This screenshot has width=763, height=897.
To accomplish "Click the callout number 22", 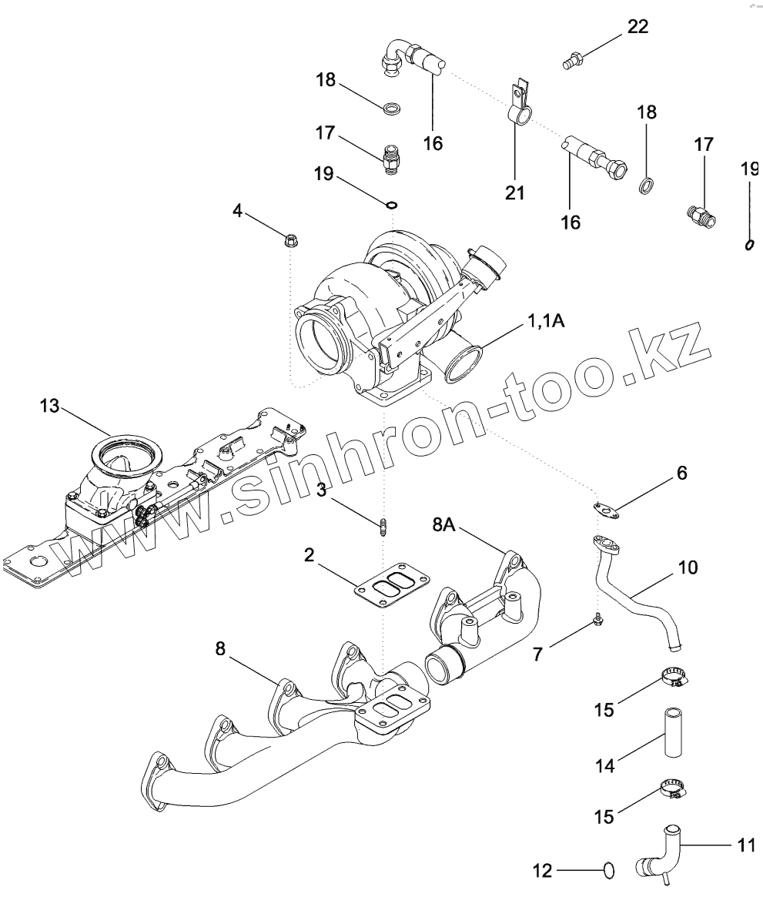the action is click(638, 27).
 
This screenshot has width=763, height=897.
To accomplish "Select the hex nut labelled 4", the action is click(293, 240).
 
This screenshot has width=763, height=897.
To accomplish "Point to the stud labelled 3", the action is click(383, 527).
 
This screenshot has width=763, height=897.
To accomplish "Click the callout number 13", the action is click(50, 406).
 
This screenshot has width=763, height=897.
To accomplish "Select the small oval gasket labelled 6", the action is click(606, 508).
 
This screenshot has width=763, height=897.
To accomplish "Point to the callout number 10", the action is click(688, 567).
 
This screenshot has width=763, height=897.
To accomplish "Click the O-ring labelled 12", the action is click(608, 870).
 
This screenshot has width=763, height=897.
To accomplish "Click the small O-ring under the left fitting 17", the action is click(392, 205).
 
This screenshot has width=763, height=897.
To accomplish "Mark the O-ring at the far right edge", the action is click(748, 245).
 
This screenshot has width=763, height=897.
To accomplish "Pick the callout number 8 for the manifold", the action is click(220, 650).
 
